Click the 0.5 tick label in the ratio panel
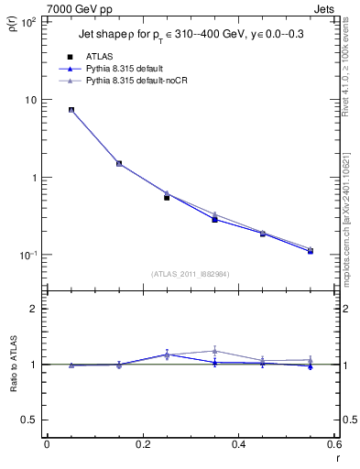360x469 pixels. (x=29, y=420)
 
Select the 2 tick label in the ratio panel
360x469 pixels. (x=34, y=309)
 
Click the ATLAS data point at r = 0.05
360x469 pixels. (x=71, y=110)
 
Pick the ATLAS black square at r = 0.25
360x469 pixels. (x=167, y=197)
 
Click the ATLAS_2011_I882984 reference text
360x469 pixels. (x=190, y=273)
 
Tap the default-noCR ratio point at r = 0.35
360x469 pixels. (x=214, y=350)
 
